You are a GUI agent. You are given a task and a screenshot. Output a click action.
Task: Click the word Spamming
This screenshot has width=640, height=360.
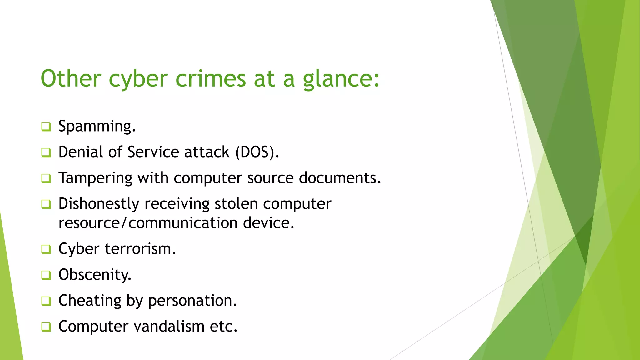coord(97,127)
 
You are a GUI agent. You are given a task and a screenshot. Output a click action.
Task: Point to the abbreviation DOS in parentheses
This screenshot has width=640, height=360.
coord(255,152)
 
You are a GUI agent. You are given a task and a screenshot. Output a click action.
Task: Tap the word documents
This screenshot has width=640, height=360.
coord(340,178)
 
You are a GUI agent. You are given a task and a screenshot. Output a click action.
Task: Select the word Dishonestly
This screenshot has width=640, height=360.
coord(99,204)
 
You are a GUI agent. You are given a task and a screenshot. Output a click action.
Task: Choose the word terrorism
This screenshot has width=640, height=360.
coord(140,249)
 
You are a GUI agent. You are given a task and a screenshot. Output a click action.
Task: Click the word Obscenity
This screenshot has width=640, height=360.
coord(95,275)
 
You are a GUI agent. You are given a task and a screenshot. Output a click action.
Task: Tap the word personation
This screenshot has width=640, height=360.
coord(192,301)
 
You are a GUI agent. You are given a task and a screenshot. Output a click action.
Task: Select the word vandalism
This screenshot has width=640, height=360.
coord(169,327)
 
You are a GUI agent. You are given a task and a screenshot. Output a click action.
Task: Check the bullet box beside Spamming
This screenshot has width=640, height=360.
coord(46,127)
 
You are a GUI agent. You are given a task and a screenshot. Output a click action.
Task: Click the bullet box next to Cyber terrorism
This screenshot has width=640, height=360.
coord(46,249)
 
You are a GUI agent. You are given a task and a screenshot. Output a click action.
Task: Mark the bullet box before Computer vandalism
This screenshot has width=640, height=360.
coord(46,327)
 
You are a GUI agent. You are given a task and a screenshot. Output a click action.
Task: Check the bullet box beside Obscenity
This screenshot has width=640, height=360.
coord(46,275)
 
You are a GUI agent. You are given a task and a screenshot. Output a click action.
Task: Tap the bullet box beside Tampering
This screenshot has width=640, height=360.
coord(46,178)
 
